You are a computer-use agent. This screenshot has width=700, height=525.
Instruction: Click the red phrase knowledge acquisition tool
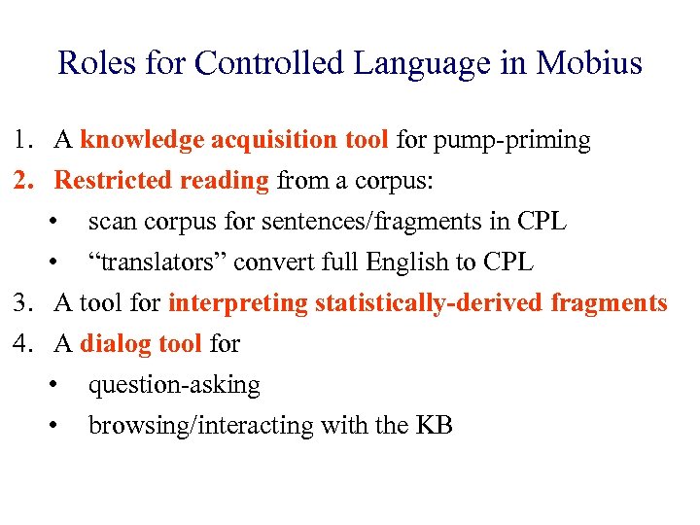coord(234,141)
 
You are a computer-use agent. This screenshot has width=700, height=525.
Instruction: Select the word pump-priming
coord(513,141)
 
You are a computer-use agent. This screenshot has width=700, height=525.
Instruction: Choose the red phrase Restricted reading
coord(161,181)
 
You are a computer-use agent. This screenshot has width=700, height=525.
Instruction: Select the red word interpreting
coord(237,303)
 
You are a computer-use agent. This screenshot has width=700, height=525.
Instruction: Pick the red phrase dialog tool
coord(140,343)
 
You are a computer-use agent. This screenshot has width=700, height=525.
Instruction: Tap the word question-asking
coord(174,385)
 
